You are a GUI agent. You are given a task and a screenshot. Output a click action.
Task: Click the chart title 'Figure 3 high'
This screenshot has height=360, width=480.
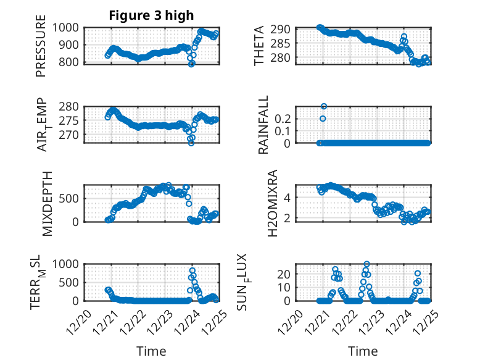click(x=151, y=15)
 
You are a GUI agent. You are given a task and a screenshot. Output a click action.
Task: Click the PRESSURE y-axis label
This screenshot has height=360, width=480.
click(x=41, y=50)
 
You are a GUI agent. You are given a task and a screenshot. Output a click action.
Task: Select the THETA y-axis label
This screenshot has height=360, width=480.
click(x=259, y=46)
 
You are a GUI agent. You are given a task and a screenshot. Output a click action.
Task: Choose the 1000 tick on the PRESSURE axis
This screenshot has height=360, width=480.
click(x=68, y=28)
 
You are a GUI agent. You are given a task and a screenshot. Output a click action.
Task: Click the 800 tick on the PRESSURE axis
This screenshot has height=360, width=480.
click(x=72, y=62)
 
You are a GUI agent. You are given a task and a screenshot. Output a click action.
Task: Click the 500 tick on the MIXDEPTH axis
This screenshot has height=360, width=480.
click(x=72, y=199)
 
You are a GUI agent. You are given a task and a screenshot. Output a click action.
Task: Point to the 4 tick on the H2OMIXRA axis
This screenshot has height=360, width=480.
click(x=288, y=198)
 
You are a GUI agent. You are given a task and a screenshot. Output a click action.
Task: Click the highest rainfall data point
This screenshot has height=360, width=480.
click(x=324, y=106)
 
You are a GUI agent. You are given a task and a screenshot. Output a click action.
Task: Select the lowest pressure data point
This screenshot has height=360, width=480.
click(x=192, y=64)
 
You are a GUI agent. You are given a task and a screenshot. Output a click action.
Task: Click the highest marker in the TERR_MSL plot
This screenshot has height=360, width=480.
click(x=192, y=270)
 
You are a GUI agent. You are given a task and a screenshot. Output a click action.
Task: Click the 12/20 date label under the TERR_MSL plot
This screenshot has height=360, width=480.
click(x=78, y=323)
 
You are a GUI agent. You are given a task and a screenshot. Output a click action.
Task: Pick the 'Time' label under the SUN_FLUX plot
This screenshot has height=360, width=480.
click(x=363, y=351)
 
